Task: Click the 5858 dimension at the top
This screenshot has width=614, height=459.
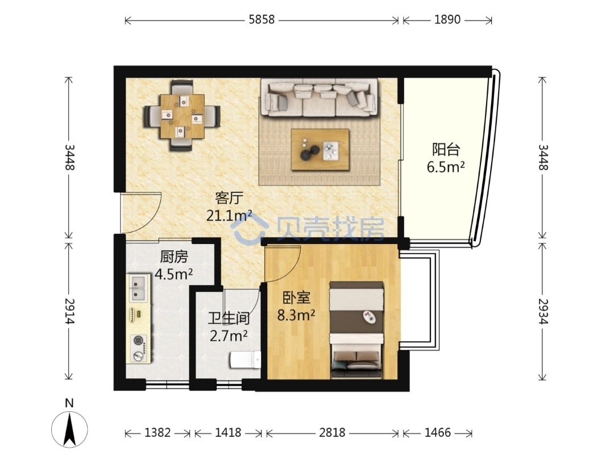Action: point(262,19)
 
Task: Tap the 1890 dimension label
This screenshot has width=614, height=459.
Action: point(447,19)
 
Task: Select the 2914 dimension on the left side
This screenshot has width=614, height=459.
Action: point(69,311)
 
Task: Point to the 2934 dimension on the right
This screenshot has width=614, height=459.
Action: point(543,311)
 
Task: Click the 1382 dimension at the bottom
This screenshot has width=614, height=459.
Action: point(157,432)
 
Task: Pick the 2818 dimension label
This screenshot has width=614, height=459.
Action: point(332,432)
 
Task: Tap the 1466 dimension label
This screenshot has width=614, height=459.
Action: point(438,432)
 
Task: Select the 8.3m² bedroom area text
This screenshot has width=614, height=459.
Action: point(296,315)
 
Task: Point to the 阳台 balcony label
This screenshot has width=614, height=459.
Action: point(446,149)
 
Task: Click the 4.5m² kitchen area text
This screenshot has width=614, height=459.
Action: point(173,274)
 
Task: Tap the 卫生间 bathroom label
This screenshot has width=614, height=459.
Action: point(229,318)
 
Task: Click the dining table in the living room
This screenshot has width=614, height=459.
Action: point(182,117)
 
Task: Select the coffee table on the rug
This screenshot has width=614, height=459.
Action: point(320,150)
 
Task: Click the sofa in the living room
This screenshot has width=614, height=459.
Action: point(319,97)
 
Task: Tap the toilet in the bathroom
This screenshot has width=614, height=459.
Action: point(245,359)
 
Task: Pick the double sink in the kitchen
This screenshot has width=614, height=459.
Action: point(139,288)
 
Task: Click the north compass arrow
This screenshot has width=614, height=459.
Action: point(70,429)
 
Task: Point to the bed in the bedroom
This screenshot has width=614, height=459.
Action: point(356,330)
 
